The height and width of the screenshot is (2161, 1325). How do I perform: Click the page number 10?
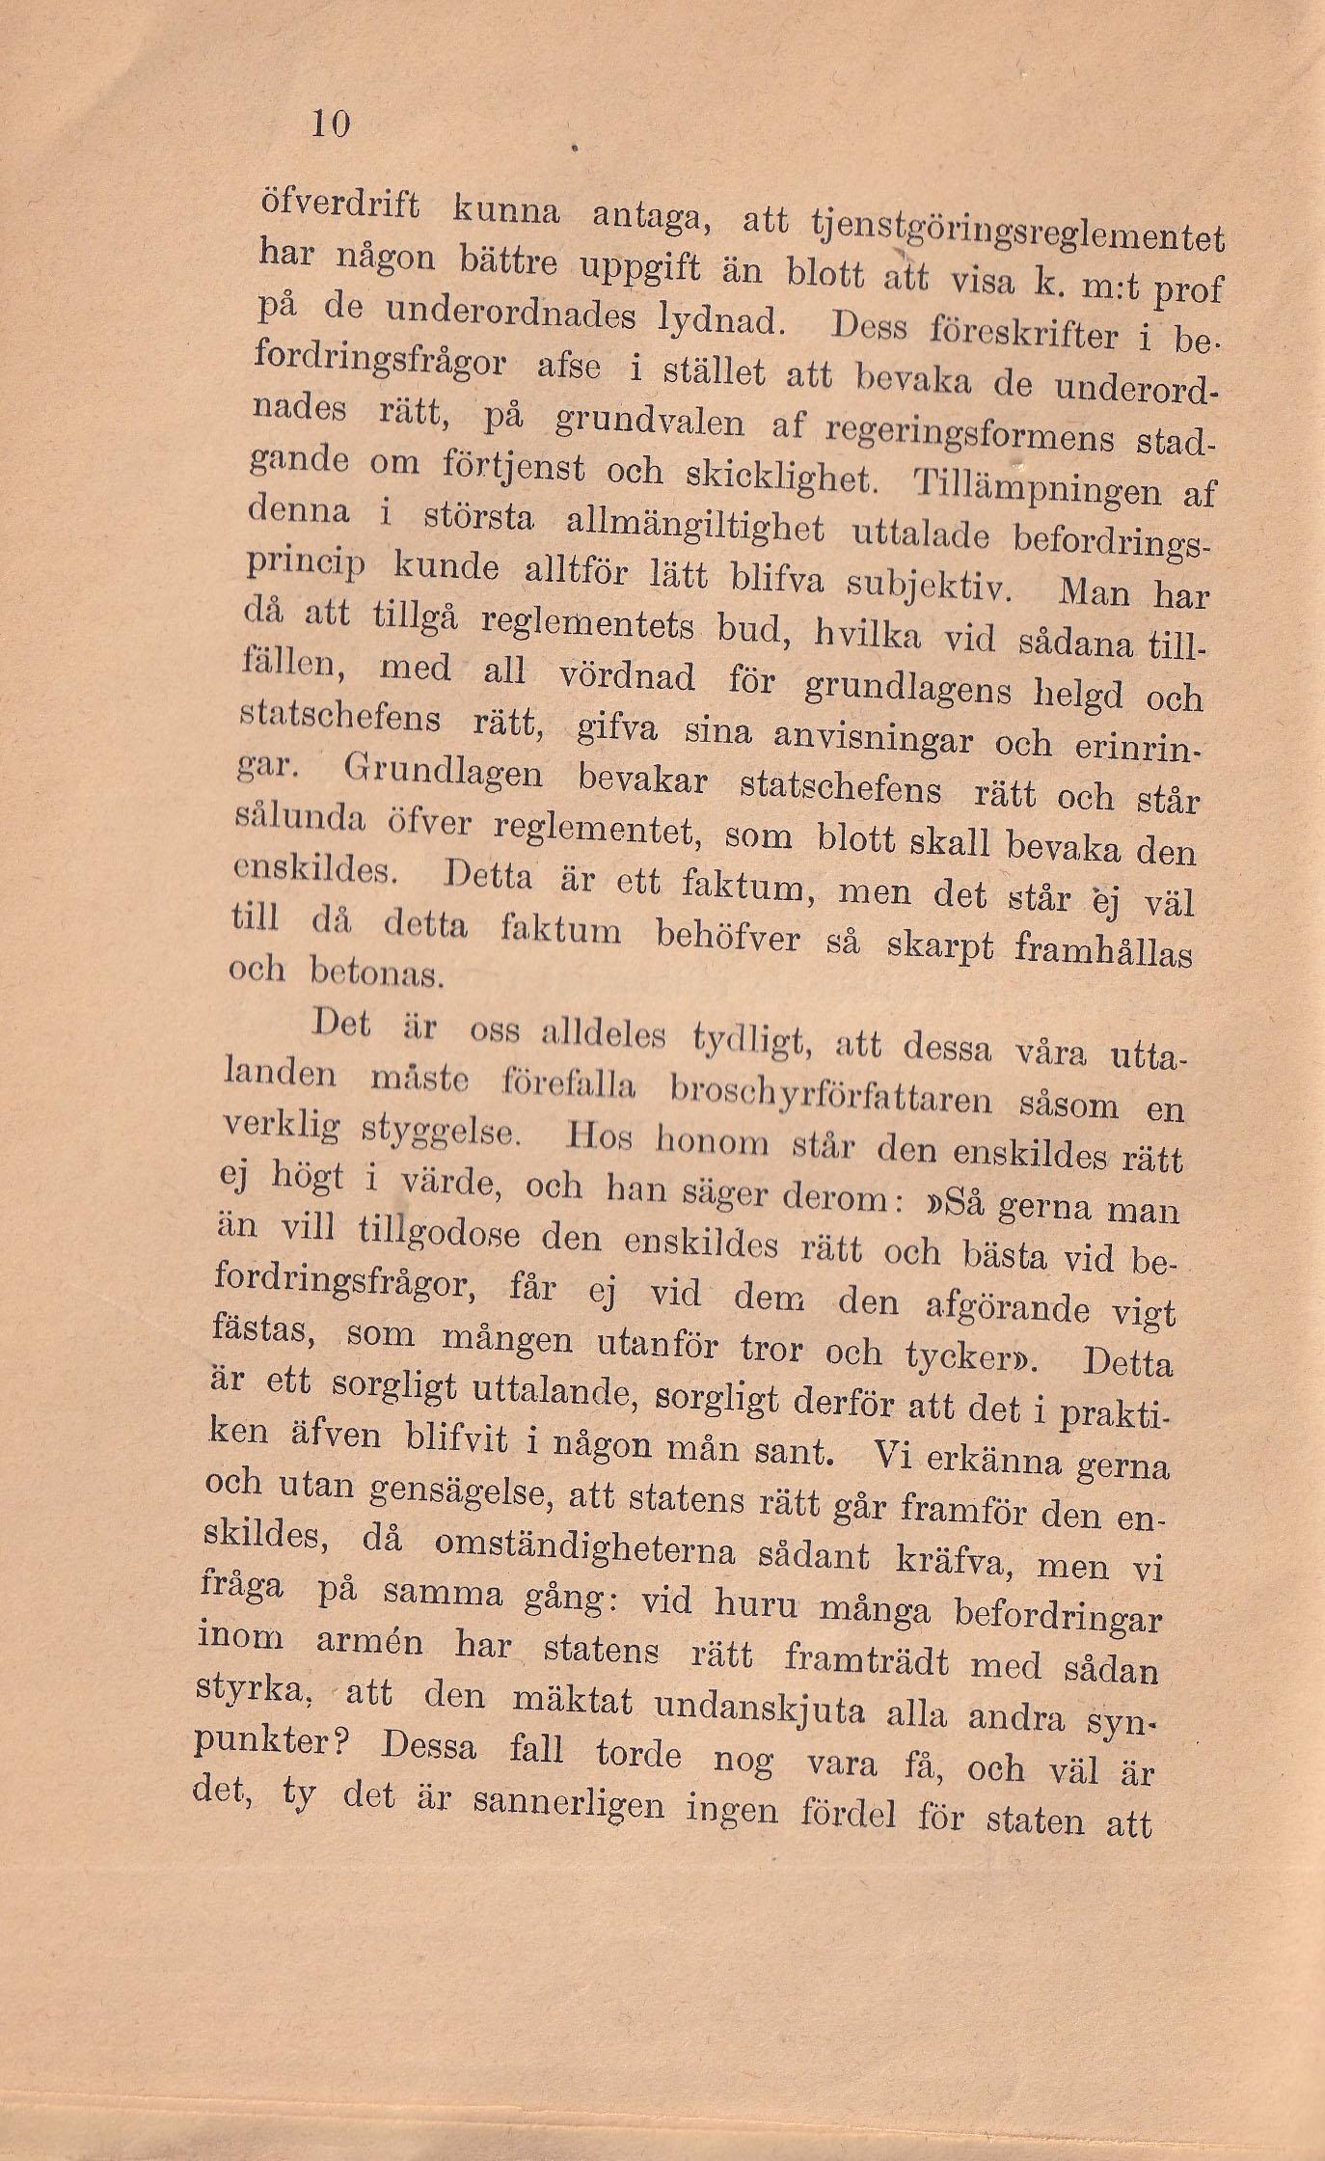click(329, 123)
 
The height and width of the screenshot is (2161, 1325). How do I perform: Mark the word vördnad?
click(628, 677)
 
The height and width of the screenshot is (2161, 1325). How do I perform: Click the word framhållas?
click(1103, 951)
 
